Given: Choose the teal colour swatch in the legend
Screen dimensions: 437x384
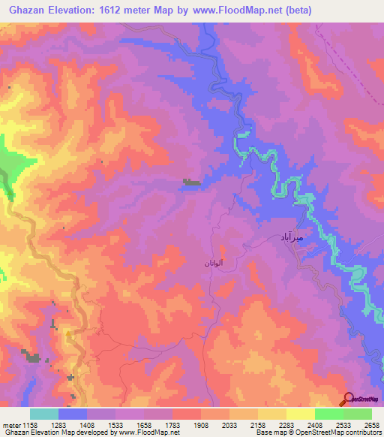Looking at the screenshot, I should point(44,414).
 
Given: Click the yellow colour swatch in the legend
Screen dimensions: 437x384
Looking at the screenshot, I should point(301,414).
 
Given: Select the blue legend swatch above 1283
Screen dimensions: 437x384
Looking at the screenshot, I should point(73,414).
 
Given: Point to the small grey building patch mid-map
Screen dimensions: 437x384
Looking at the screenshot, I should point(191,182).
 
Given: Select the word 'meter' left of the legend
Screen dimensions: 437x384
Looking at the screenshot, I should point(11,425).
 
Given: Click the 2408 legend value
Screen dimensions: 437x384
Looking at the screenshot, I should point(314,425).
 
